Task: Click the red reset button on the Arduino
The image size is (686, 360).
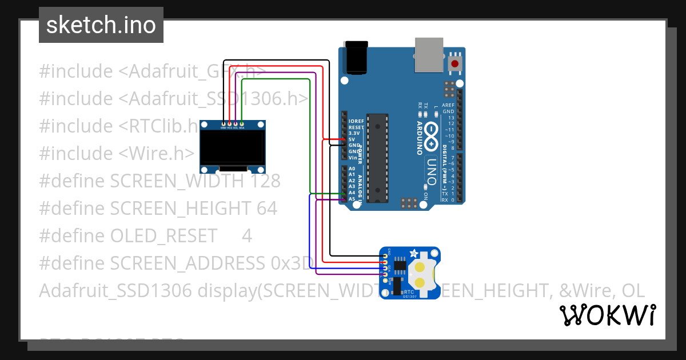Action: point(455,64)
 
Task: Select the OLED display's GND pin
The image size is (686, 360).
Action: point(224,123)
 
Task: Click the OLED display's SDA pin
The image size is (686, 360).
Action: point(242,123)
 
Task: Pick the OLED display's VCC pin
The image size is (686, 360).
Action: point(230,123)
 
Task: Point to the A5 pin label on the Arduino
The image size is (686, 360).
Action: point(352,199)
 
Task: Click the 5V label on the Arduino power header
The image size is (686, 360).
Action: point(352,139)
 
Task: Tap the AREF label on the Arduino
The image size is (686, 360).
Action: point(448,105)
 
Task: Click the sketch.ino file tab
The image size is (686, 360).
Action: point(101,25)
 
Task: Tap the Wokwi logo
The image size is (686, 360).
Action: point(607,315)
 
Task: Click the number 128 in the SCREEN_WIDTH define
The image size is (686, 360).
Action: point(265,181)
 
